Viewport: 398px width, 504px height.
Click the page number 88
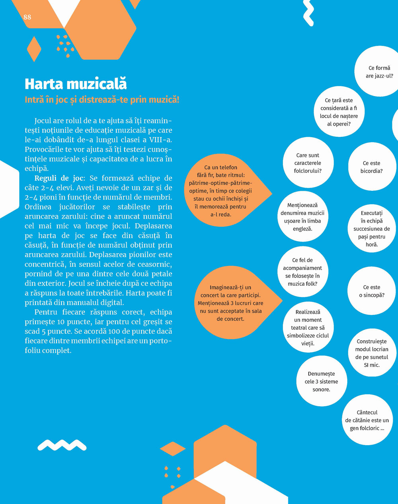(x=27, y=17)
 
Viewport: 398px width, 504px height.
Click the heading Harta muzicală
(x=76, y=84)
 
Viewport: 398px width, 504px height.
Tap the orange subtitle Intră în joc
(x=102, y=100)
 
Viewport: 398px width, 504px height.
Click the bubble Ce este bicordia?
(x=371, y=167)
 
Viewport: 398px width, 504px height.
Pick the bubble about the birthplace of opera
(x=339, y=112)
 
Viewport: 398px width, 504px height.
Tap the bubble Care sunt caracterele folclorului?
(x=308, y=163)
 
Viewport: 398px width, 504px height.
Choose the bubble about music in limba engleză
(x=302, y=217)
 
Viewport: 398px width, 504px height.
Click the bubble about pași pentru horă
(x=371, y=229)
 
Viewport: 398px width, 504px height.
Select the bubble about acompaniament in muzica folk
(x=302, y=272)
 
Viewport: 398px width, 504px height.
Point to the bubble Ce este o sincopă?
(x=371, y=291)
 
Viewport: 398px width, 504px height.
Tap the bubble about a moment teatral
(x=308, y=328)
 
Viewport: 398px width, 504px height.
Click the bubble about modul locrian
(x=371, y=353)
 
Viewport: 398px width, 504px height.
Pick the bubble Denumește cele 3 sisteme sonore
(x=321, y=382)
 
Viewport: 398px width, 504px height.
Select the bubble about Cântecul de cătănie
(x=367, y=420)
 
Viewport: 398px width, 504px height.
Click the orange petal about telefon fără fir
(x=221, y=191)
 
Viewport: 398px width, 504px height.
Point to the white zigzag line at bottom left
(x=62, y=445)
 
